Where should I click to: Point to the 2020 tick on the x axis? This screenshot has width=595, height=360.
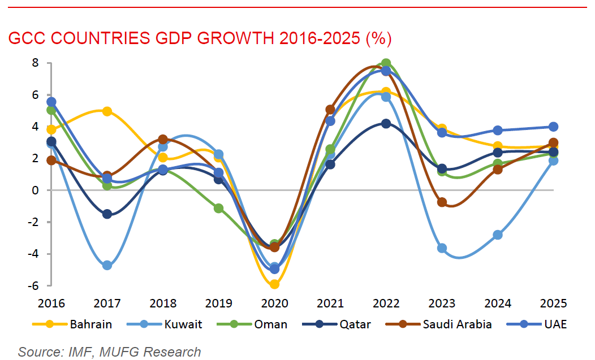click(x=274, y=303)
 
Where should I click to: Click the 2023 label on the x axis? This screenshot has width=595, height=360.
click(x=442, y=303)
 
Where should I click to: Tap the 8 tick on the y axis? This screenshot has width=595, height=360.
click(x=35, y=63)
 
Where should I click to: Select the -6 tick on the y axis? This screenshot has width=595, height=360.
click(x=32, y=285)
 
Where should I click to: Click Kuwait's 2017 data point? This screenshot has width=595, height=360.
click(x=107, y=265)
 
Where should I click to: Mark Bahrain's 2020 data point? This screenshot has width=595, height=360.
click(x=274, y=284)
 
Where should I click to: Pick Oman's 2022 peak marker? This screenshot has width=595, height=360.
click(x=386, y=63)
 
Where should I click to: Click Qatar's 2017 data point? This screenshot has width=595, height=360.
click(x=107, y=214)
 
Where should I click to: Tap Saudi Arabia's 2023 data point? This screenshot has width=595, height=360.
click(x=442, y=202)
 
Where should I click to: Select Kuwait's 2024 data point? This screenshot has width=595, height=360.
click(x=498, y=235)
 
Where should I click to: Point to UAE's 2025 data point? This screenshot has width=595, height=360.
click(x=553, y=127)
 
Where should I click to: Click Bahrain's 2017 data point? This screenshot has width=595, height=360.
click(x=107, y=111)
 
